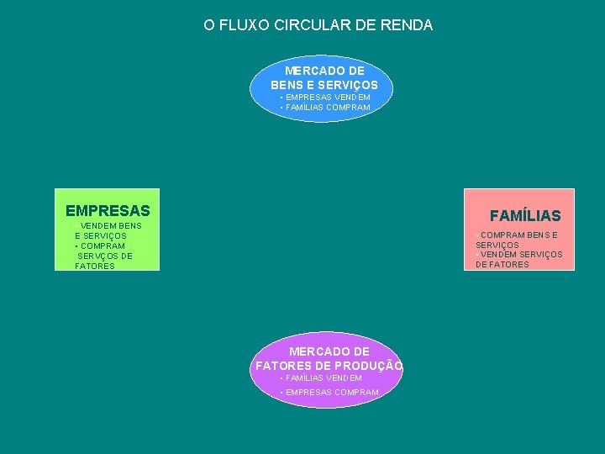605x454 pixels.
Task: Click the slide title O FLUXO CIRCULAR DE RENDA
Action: coord(318,25)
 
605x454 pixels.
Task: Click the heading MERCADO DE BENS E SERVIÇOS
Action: coord(324,78)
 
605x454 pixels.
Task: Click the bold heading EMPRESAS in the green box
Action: coord(108,210)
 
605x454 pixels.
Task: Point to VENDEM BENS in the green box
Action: coord(110,226)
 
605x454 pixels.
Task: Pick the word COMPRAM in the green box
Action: coord(103,246)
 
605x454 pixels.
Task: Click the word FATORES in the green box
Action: coord(95,267)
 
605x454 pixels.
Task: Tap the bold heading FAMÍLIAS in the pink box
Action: coord(525,216)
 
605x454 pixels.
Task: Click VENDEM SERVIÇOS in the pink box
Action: coord(521,255)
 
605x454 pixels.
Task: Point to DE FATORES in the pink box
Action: coord(502,265)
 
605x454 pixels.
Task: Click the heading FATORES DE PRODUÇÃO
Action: coord(329,366)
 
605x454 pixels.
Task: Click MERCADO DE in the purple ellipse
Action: coord(329,351)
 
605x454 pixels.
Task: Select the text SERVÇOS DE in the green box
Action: coord(105,256)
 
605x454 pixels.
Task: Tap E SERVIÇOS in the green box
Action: coord(100,236)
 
